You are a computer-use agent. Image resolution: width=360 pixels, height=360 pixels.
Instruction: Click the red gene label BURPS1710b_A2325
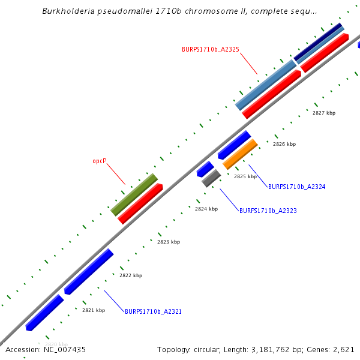pyautogui.click(x=211, y=50)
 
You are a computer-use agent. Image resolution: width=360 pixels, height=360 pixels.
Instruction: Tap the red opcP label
pyautogui.click(x=100, y=161)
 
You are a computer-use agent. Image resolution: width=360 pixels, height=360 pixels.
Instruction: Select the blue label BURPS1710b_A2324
pyautogui.click(x=297, y=187)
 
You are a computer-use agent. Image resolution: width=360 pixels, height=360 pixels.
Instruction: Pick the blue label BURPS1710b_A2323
pyautogui.click(x=268, y=211)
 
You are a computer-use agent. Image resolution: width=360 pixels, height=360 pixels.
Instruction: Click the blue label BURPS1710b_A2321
pyautogui.click(x=153, y=311)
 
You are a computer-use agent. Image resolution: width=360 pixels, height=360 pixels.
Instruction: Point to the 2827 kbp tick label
pyautogui.click(x=324, y=113)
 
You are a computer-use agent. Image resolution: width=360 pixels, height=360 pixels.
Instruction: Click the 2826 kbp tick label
pyautogui.click(x=284, y=144)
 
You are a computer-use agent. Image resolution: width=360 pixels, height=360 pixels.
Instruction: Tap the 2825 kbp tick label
pyautogui.click(x=245, y=176)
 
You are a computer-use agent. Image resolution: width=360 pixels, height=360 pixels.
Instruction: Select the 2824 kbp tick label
pyautogui.click(x=206, y=209)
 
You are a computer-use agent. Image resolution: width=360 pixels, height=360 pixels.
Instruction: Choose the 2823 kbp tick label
pyautogui.click(x=169, y=242)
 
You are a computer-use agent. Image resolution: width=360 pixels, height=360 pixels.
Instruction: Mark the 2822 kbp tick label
pyautogui.click(x=131, y=275)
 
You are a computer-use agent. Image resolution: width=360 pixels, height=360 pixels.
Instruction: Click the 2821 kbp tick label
pyautogui.click(x=94, y=310)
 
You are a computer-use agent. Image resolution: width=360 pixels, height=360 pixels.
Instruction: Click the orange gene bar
pyautogui.click(x=240, y=154)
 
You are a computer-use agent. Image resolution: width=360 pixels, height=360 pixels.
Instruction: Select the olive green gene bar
pyautogui.click(x=134, y=194)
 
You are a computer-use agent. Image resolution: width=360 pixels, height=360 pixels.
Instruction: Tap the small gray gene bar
pyautogui.click(x=211, y=178)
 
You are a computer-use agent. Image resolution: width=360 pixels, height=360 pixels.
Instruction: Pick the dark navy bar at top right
pyautogui.click(x=319, y=42)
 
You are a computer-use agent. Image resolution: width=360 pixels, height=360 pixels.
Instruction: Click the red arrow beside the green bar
pyautogui.click(x=140, y=204)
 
